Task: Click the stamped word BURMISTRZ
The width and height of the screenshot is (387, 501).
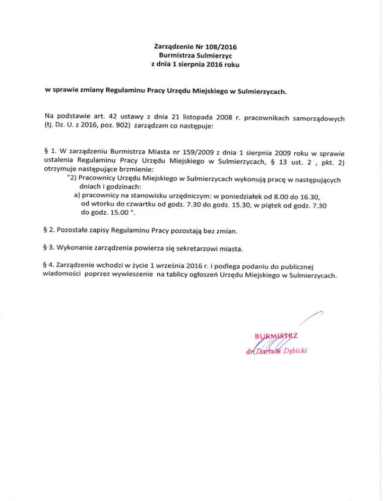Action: click(x=277, y=337)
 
